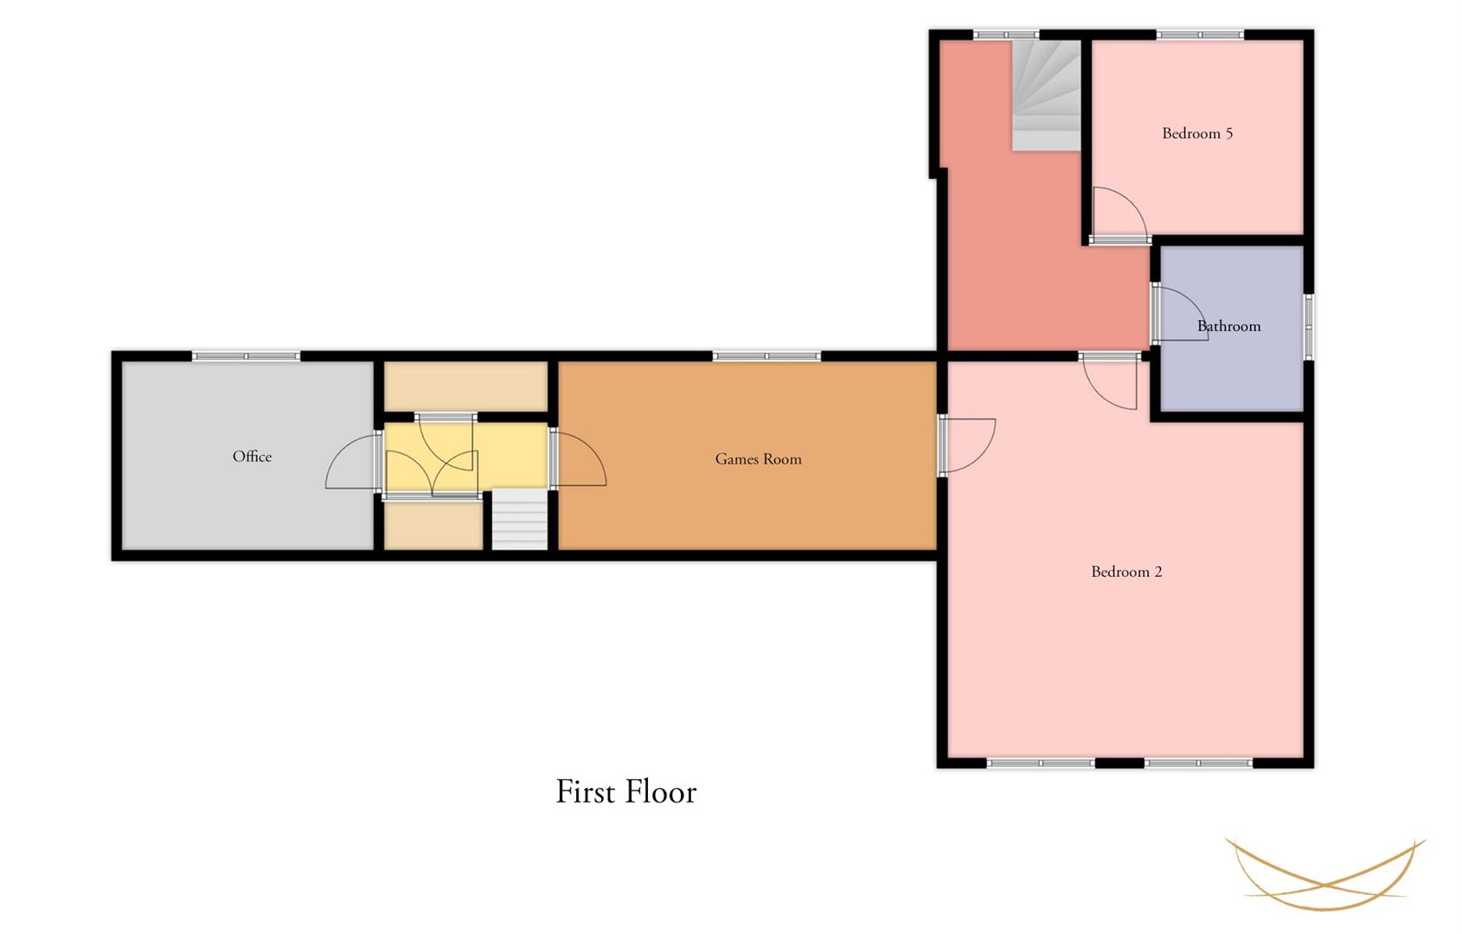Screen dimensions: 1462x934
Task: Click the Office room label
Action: point(252,457)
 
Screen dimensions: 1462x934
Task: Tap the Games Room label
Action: point(759,459)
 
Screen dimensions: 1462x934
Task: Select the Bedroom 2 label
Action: point(1126,572)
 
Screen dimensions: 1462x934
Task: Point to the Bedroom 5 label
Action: point(1197,133)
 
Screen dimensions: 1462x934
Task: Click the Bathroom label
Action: point(1229,326)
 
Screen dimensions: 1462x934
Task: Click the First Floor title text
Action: point(626,791)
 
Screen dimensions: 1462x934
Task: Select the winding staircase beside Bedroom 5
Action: point(1046,95)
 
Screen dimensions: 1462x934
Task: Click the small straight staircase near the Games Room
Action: point(520,520)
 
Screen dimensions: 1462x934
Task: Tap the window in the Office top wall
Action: point(246,356)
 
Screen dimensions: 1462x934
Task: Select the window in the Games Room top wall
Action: point(766,356)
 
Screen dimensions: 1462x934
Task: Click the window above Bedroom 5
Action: point(1200,35)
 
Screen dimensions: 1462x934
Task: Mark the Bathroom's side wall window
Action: point(1309,326)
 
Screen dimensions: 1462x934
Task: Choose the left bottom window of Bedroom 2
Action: point(1041,763)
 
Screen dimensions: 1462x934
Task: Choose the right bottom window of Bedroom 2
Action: point(1199,763)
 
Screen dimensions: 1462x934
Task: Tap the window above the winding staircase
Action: point(1006,35)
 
